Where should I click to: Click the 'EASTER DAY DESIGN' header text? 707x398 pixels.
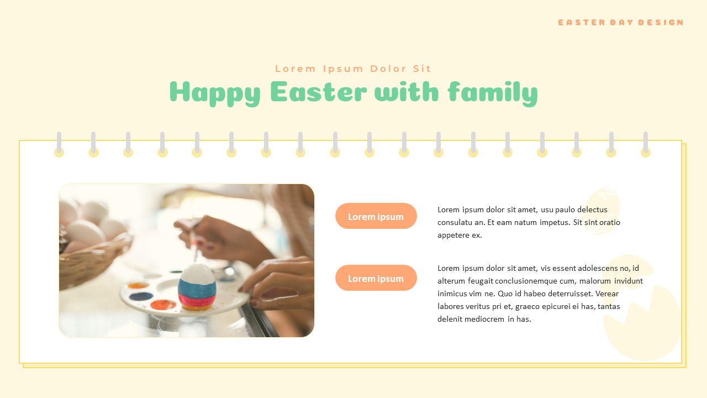620,23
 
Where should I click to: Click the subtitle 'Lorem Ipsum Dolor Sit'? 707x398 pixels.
353,69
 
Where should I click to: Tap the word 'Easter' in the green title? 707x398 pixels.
318,92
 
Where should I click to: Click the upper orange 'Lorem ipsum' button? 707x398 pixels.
376,216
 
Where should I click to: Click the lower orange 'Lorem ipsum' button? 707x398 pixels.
376,278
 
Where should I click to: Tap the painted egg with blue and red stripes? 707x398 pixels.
197,286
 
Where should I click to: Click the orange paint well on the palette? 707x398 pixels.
163,305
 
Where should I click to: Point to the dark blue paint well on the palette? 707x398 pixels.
141,296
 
